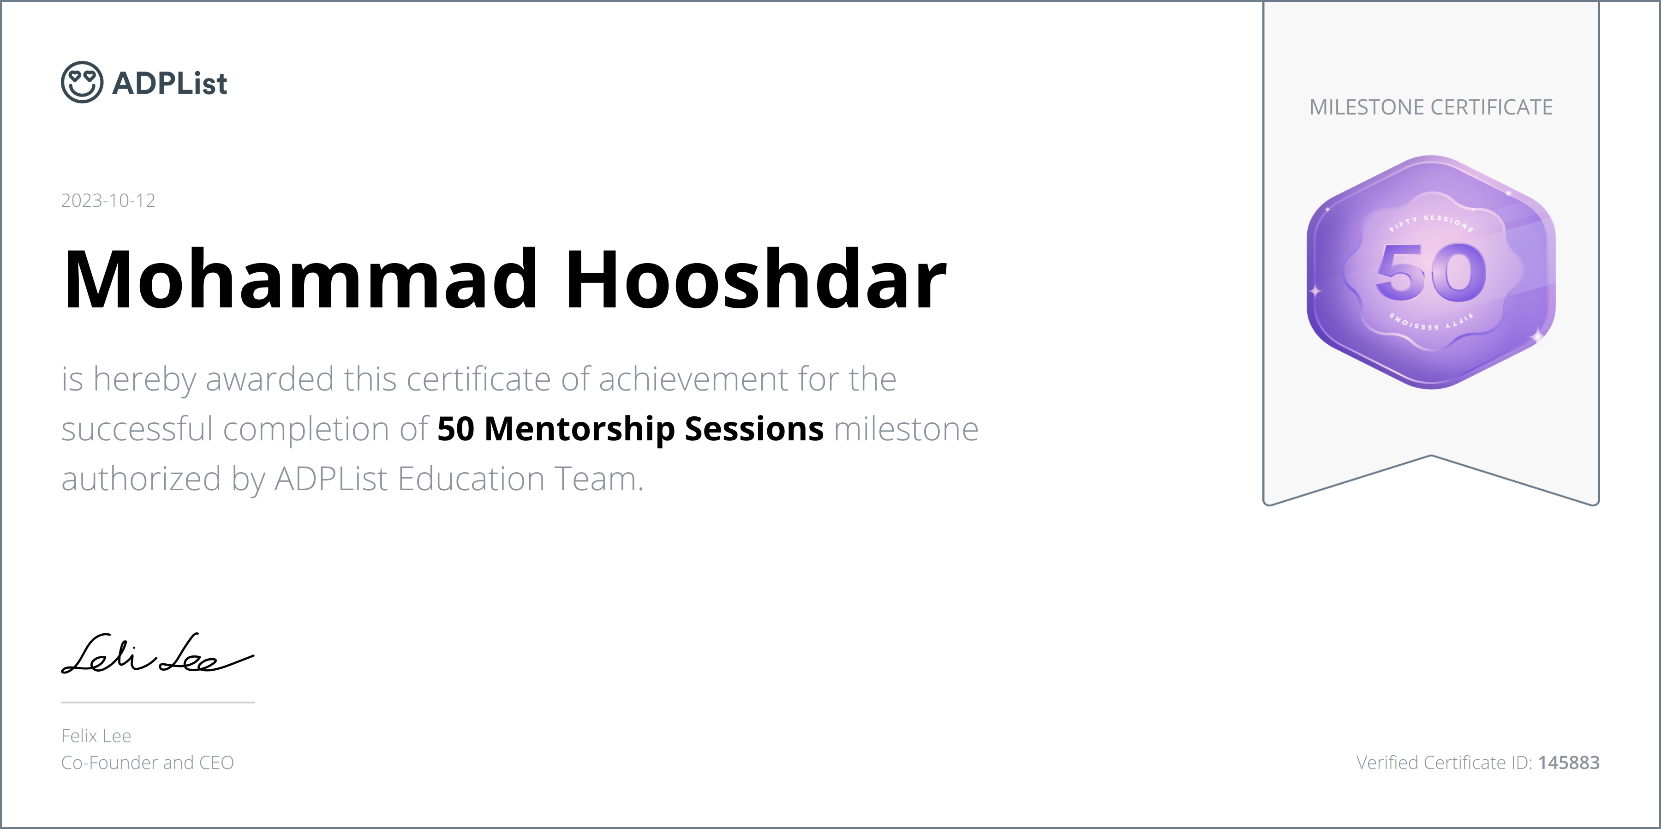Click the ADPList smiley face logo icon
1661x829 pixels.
tap(82, 82)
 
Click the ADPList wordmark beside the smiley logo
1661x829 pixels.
tap(170, 83)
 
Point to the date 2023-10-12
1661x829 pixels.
tap(108, 201)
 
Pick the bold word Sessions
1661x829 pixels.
tap(754, 429)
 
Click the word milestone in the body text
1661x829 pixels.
tap(906, 429)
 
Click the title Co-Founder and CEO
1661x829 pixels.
tap(148, 763)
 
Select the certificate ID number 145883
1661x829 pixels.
tap(1569, 763)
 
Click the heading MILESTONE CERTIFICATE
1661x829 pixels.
tap(1431, 107)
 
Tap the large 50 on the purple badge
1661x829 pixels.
tap(1431, 273)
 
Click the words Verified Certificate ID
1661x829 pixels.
tap(1444, 763)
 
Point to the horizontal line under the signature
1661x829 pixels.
tap(158, 702)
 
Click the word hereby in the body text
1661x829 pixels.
tap(144, 379)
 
